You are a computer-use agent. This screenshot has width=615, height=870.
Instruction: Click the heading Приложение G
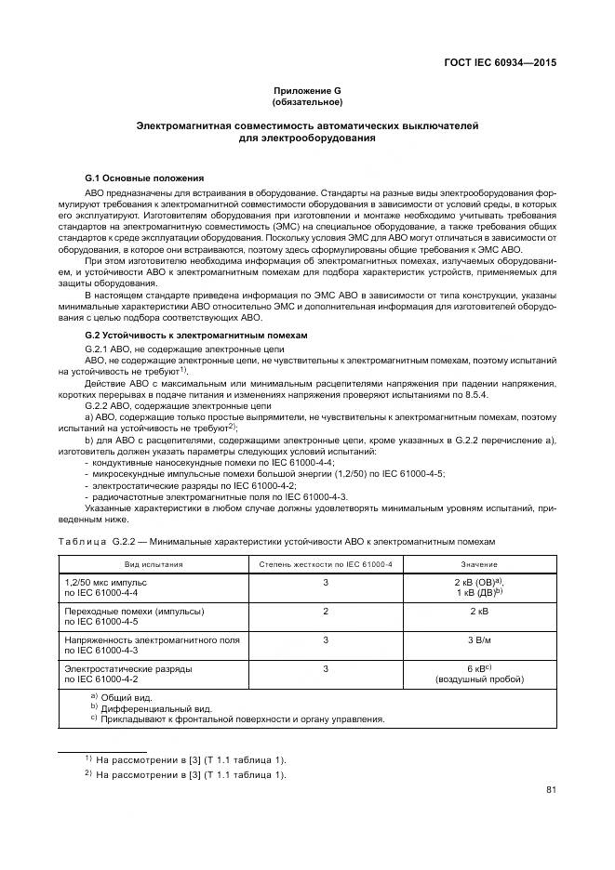(x=307, y=89)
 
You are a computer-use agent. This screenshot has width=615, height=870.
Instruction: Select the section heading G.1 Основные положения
(x=143, y=177)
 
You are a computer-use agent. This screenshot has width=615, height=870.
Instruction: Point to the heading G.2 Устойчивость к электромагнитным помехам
(x=195, y=334)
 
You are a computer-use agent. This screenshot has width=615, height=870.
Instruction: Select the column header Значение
(x=478, y=564)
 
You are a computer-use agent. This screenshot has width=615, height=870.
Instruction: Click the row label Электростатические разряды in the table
(x=127, y=668)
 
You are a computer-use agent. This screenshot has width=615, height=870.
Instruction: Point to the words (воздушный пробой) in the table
(x=478, y=680)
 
